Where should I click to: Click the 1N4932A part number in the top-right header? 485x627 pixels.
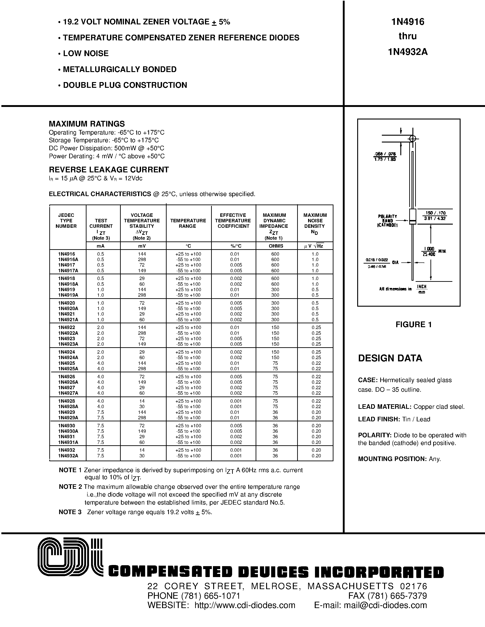point(407,52)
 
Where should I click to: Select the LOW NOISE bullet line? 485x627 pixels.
point(86,53)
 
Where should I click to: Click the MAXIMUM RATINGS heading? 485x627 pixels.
point(87,124)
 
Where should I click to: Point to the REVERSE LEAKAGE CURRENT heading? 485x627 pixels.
point(109,170)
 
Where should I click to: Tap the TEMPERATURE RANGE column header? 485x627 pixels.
point(188,223)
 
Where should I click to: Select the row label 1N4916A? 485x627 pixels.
point(68,259)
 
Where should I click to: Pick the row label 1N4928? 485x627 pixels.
point(66,401)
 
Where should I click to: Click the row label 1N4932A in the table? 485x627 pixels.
point(68,456)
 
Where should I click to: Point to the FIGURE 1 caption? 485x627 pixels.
point(414,324)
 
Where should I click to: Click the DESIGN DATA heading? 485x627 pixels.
point(390,358)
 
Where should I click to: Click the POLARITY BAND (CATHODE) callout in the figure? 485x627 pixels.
point(387,220)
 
